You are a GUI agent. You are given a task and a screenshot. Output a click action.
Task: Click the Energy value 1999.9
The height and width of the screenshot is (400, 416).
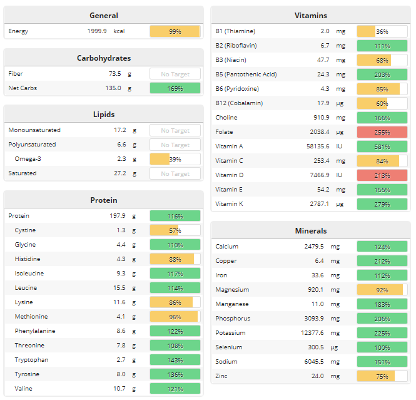(x=96, y=31)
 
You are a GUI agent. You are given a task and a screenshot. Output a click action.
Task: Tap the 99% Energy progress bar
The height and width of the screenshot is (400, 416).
(x=175, y=31)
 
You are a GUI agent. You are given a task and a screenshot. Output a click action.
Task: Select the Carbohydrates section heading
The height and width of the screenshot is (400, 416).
(x=104, y=58)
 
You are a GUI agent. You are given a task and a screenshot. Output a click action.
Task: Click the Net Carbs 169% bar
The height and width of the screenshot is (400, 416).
(x=175, y=88)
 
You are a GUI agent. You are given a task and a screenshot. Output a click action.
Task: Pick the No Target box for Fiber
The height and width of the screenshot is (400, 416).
(x=175, y=74)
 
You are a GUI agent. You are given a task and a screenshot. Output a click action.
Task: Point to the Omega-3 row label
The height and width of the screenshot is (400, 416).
(x=28, y=159)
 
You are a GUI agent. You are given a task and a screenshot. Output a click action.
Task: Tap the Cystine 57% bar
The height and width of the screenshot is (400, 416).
(x=175, y=230)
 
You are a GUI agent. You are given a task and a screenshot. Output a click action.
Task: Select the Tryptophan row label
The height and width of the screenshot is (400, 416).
(x=32, y=360)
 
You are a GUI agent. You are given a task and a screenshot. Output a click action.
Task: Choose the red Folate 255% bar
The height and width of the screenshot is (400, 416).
(x=382, y=132)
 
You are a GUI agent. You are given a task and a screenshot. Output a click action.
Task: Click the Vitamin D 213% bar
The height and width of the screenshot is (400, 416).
(x=382, y=175)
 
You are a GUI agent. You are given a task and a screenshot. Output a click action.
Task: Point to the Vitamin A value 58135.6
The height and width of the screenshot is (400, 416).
(x=313, y=146)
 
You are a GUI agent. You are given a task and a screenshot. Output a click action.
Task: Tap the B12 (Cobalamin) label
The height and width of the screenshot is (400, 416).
(x=239, y=103)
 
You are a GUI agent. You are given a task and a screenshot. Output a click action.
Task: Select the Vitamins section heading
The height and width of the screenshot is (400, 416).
(x=311, y=16)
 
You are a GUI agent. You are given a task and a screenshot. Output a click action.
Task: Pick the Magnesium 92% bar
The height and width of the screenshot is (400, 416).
(x=382, y=290)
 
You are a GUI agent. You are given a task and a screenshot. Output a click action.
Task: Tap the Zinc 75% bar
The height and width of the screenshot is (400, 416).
(x=382, y=376)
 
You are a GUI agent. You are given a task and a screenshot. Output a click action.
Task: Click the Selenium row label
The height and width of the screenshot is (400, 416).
(x=229, y=347)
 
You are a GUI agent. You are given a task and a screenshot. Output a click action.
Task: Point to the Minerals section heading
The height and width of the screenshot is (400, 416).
(x=311, y=231)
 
